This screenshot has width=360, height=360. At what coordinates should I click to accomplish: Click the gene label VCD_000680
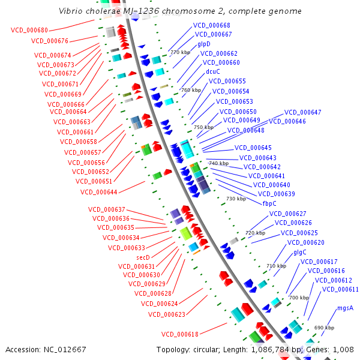tap(30, 29)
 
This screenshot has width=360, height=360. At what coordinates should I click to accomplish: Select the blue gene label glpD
tap(204, 44)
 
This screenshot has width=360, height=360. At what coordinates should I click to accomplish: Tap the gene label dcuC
tap(213, 71)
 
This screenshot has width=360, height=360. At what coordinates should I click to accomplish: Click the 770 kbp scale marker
tap(181, 53)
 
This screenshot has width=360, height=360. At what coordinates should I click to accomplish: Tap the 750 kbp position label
tap(204, 127)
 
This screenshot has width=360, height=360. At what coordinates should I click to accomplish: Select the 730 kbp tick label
tap(236, 199)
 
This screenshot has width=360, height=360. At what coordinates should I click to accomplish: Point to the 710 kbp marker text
tap(276, 266)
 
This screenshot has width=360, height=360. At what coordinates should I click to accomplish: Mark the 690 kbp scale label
tap(324, 328)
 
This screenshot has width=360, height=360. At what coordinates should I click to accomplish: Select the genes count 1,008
tap(343, 349)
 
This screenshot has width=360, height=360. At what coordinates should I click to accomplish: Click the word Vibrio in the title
tap(73, 11)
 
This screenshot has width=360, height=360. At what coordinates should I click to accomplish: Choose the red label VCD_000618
tap(179, 334)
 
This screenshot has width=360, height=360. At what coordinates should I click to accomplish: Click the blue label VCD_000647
tap(302, 112)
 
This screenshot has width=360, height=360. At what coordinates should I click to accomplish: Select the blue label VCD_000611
tap(340, 289)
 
